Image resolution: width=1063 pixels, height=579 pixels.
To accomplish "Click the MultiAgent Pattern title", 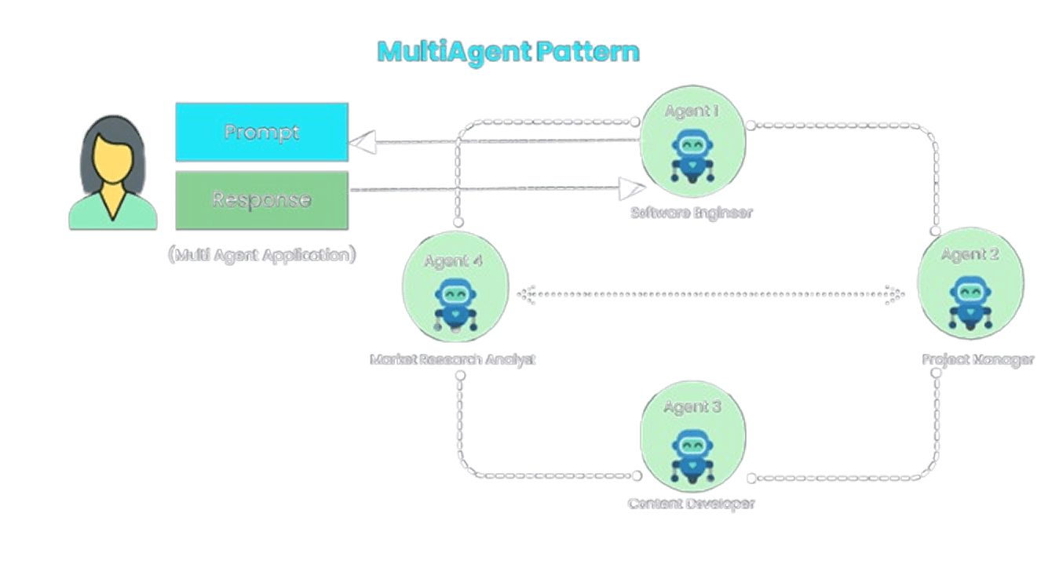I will (509, 52).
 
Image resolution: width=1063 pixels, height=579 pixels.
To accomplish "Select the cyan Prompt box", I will (261, 132).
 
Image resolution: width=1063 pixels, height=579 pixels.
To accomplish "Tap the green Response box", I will (261, 199).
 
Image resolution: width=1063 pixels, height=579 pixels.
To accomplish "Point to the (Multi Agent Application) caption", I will (261, 255).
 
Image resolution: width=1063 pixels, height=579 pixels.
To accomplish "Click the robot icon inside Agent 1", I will (692, 157).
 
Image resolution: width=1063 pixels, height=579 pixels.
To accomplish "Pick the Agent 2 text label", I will (970, 254).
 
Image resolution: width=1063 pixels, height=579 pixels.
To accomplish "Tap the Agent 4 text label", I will (453, 261).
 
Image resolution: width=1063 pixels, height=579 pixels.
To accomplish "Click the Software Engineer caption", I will (692, 213).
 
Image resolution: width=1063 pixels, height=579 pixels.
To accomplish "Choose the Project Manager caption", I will (978, 360).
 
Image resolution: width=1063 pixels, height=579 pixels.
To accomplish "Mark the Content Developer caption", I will (692, 504).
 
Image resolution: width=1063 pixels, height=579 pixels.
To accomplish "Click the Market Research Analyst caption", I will (453, 360).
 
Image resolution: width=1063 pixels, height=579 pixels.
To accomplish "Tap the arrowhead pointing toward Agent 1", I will (631, 188).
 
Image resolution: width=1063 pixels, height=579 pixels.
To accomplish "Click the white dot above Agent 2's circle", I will (936, 231).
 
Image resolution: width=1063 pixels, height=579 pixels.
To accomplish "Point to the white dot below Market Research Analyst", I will (460, 375).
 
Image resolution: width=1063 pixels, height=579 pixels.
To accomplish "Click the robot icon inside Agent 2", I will (970, 301).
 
